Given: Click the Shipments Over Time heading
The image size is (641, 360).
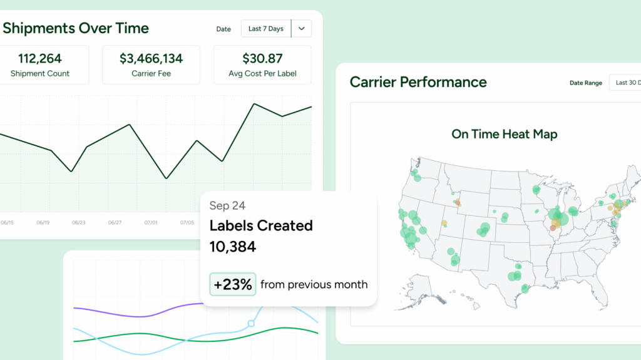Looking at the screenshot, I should click(x=76, y=28).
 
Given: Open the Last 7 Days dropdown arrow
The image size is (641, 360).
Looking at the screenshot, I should click(x=302, y=29).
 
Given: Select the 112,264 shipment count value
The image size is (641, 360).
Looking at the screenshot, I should click(x=40, y=59).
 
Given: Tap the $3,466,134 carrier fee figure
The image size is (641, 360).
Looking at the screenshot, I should click(x=151, y=59).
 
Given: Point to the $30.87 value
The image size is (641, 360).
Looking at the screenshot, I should click(x=262, y=59).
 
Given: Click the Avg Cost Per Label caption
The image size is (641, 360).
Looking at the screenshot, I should click(x=262, y=74).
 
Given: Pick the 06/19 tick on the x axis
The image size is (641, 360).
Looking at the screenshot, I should click(x=43, y=222).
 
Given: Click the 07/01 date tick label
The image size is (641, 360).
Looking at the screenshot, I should click(x=151, y=222).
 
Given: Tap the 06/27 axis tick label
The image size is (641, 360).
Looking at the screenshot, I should click(x=115, y=222).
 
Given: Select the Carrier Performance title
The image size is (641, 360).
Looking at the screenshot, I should click(x=418, y=82).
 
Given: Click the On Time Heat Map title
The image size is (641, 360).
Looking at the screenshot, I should click(x=504, y=134).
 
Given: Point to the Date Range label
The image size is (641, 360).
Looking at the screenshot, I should click(x=586, y=83).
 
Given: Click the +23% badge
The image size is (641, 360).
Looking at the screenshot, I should click(x=232, y=285).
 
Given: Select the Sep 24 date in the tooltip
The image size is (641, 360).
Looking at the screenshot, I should click(x=227, y=205).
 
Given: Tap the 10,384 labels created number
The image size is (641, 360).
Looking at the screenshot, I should click(x=233, y=247).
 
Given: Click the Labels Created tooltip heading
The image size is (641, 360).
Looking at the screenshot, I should click(x=261, y=225).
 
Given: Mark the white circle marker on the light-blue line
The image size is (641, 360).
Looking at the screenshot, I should click(x=251, y=324).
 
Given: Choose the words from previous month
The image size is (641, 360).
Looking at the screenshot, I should click(x=314, y=285).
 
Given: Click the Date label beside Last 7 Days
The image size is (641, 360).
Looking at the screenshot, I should click(x=223, y=29).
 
